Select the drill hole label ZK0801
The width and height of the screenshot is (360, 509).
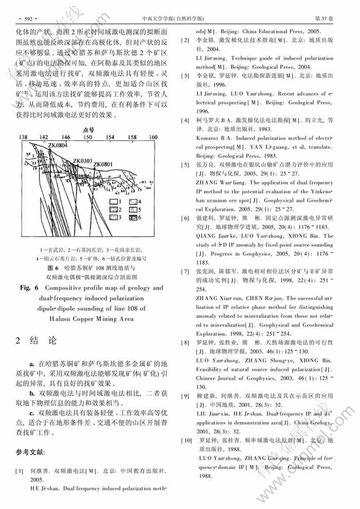[102, 165]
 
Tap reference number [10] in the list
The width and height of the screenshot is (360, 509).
[186, 441]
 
